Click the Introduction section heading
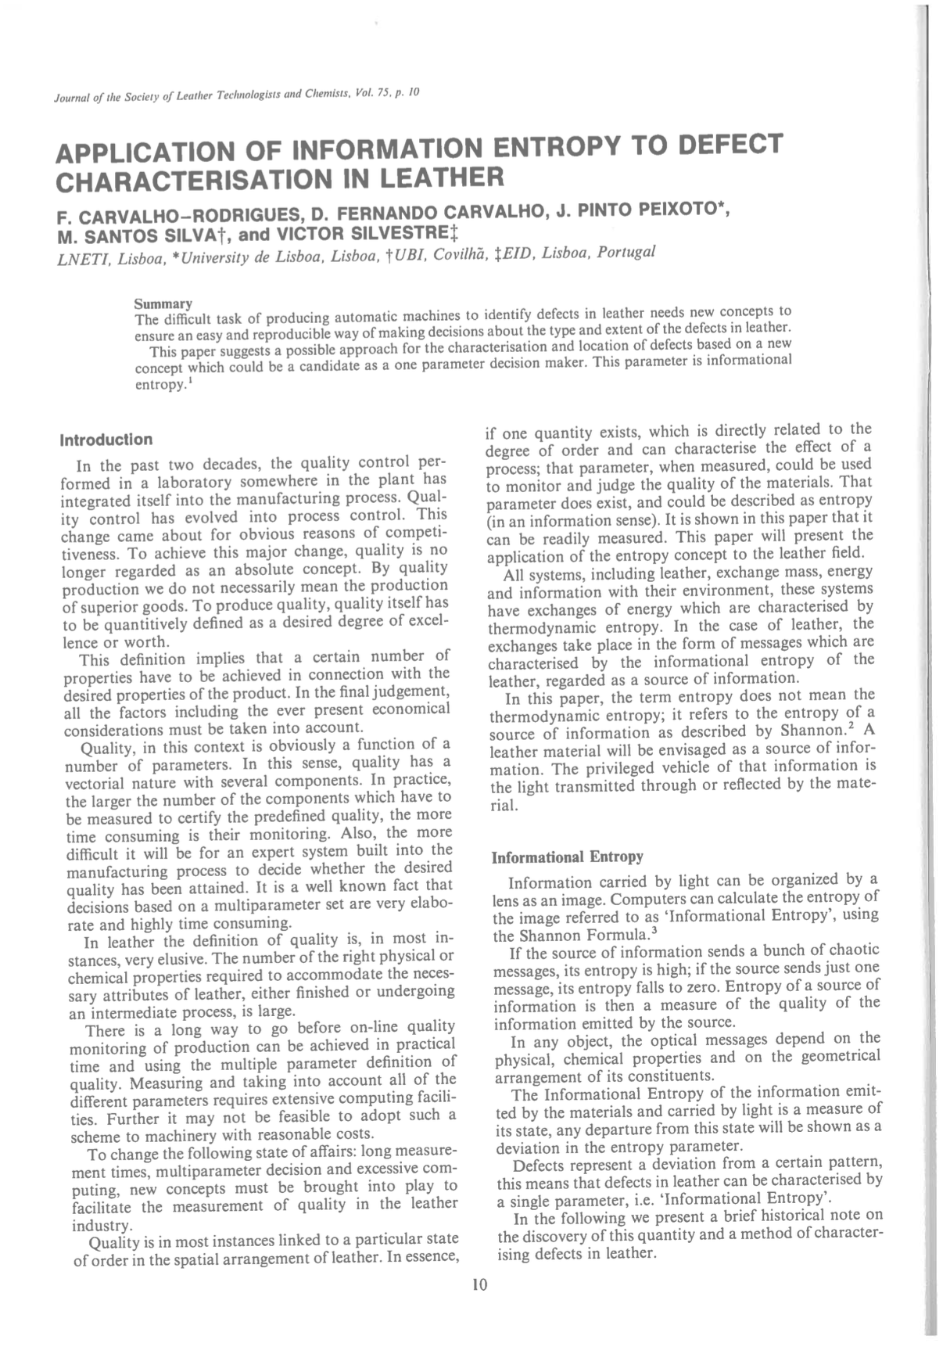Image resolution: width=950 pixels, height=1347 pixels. pyautogui.click(x=106, y=440)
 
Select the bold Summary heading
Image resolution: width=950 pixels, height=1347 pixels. pyautogui.click(x=163, y=303)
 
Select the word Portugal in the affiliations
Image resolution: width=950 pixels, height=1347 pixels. pyautogui.click(x=621, y=251)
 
